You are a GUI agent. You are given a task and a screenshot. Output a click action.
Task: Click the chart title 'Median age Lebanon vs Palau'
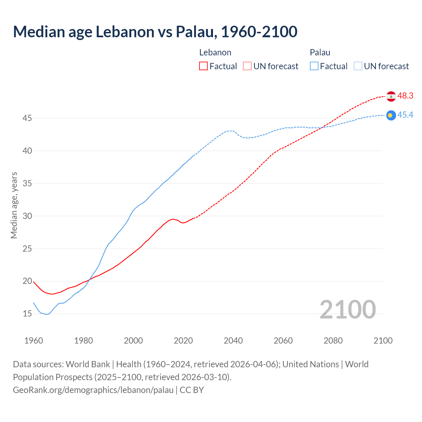(155, 32)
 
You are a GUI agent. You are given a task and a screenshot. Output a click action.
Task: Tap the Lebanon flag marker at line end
(391, 96)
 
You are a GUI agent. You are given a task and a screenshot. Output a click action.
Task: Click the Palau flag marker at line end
(391, 115)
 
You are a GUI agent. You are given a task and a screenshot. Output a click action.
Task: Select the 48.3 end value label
(405, 96)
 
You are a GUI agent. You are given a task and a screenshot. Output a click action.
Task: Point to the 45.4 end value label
(405, 115)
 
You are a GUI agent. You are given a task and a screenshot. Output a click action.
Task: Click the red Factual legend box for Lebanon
(203, 66)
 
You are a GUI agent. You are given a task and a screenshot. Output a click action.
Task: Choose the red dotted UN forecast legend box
(247, 66)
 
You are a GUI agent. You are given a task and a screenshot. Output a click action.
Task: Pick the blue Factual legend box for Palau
(314, 66)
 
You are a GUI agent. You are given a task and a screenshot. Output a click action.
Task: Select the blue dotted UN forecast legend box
(358, 66)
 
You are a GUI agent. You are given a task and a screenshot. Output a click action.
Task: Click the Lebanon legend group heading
(215, 52)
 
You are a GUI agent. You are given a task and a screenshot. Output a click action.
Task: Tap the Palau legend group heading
(320, 52)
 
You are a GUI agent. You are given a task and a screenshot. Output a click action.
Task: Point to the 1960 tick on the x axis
(34, 341)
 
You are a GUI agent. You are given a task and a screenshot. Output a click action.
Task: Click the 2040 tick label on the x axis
(233, 341)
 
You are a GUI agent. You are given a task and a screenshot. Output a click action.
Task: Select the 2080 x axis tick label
(333, 341)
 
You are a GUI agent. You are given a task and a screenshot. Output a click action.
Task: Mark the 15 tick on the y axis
(27, 314)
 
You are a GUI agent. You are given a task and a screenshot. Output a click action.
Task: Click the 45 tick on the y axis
(27, 118)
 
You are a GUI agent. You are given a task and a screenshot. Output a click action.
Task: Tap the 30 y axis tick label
(27, 216)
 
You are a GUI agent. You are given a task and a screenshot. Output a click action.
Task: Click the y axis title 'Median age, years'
(14, 205)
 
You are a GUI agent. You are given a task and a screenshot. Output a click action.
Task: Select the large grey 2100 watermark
(347, 309)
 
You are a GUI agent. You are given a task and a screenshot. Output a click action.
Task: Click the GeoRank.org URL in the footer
(93, 390)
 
